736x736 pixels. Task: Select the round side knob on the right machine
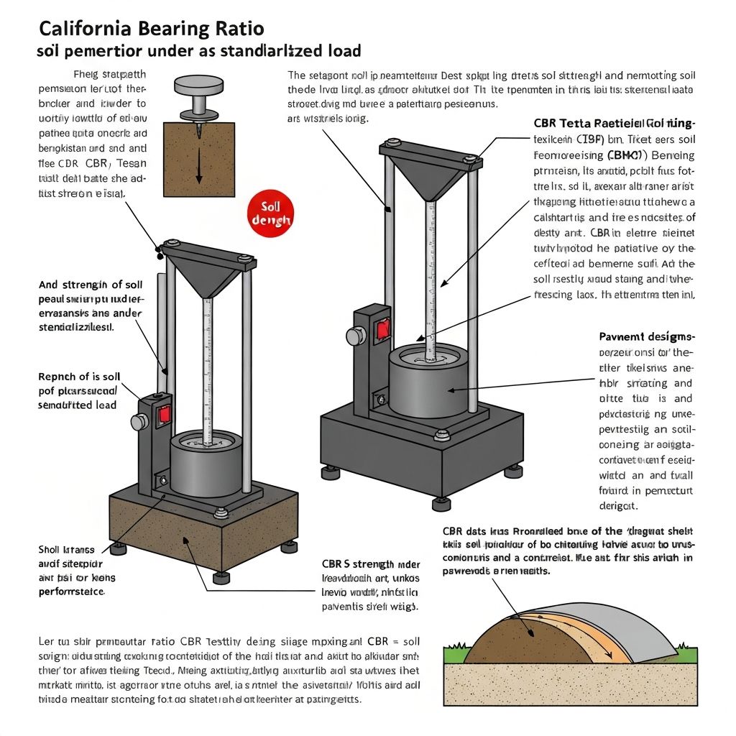[355, 336]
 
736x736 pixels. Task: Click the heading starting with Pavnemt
[646, 336]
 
